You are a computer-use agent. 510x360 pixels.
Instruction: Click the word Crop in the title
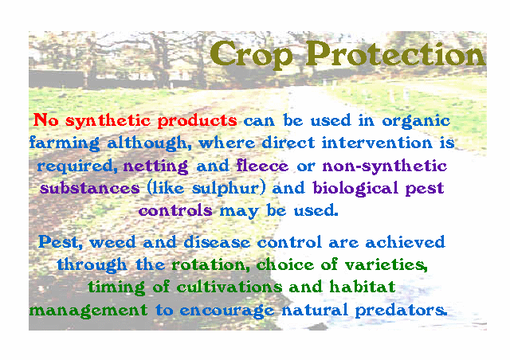(251, 55)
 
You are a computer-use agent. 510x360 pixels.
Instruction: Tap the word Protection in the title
(395, 53)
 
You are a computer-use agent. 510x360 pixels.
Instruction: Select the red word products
(197, 121)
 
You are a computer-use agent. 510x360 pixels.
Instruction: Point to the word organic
(416, 121)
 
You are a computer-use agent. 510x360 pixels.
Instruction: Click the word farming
(65, 143)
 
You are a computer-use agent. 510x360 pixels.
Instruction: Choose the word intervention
(377, 143)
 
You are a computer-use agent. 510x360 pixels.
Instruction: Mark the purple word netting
(155, 166)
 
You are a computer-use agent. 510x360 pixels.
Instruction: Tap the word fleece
(262, 166)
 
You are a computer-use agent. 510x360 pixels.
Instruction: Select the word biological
(355, 189)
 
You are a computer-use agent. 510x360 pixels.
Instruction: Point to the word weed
(112, 242)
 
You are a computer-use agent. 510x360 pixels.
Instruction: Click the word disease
(217, 242)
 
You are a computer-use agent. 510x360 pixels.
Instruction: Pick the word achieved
(405, 242)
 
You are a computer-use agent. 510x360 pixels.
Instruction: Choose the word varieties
(386, 264)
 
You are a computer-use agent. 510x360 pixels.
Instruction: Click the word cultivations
(229, 288)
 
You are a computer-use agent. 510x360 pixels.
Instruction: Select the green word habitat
(363, 288)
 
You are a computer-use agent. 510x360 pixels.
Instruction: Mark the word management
(88, 311)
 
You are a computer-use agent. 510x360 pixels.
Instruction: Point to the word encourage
(227, 311)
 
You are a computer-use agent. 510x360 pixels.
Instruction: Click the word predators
(401, 310)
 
